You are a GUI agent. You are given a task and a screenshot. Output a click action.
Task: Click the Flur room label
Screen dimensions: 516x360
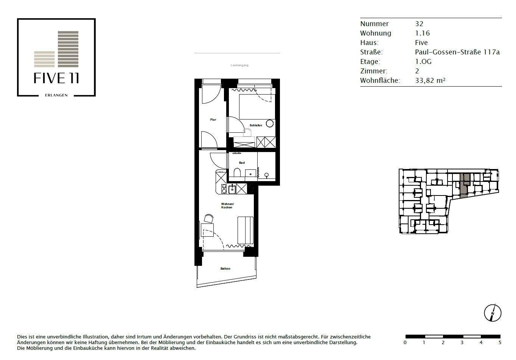[x=213, y=119]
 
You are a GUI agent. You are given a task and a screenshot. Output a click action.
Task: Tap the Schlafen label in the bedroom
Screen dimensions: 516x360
[x=256, y=125]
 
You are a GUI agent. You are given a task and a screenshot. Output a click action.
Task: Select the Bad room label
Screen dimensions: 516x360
[x=242, y=163]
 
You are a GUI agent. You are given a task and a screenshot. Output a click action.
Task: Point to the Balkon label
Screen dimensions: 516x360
[x=225, y=268]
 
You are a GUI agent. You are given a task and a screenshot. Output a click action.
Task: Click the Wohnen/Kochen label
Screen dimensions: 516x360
[x=227, y=205]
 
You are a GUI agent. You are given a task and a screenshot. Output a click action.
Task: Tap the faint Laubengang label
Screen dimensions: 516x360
[x=239, y=65]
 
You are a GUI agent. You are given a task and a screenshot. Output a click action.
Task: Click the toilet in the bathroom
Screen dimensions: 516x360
[x=237, y=172]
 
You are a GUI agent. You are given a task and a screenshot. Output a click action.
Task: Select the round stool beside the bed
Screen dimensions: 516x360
[x=270, y=124]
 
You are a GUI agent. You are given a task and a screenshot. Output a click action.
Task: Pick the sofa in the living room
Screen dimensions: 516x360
[x=246, y=230]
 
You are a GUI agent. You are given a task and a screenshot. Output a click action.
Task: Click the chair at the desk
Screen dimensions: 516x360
[x=209, y=219]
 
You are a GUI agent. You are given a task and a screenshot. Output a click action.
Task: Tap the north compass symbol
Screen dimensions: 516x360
[x=493, y=313]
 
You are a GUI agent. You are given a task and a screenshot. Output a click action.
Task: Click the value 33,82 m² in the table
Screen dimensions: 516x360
[x=430, y=81]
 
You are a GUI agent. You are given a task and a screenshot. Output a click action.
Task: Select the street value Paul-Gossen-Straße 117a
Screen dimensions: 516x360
[x=457, y=52]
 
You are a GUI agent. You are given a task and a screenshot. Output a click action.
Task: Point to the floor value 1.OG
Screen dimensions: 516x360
[x=423, y=62]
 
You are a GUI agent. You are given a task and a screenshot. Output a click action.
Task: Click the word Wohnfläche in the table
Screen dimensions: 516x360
[x=380, y=81]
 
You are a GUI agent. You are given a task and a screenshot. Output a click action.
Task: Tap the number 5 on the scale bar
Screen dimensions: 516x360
[x=500, y=343]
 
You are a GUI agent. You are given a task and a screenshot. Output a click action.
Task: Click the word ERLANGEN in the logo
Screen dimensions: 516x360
[x=56, y=95]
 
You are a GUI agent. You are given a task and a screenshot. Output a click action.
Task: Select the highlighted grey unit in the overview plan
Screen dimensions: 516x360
[x=465, y=185]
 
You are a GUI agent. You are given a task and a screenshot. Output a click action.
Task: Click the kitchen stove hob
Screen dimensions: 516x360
[x=224, y=189]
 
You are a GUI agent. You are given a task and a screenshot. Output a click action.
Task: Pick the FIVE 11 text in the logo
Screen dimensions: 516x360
[x=56, y=78]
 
